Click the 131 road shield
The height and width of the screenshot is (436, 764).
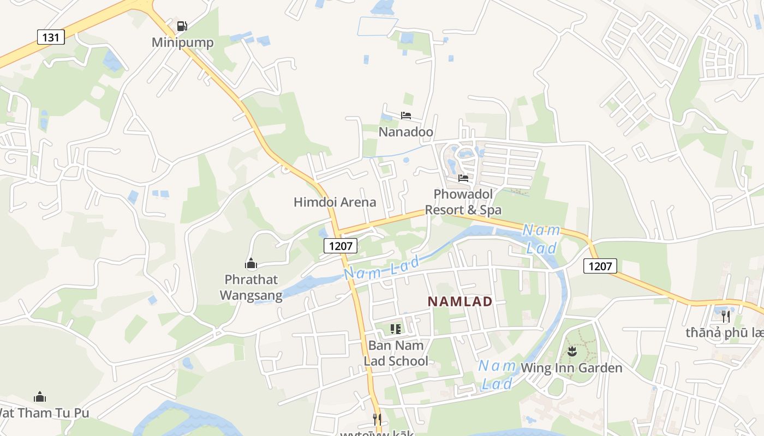51,37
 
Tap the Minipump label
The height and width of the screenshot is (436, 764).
182,43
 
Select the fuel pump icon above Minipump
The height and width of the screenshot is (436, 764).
182,26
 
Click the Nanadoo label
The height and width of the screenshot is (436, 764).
406,132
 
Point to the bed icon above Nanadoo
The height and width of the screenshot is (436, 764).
406,116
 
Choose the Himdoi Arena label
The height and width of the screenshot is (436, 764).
335,202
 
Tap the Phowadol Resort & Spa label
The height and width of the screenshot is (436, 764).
463,202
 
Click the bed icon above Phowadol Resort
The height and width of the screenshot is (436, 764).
463,178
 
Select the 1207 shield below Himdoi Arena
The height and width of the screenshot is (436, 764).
341,246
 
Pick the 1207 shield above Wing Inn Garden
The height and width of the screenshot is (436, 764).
600,266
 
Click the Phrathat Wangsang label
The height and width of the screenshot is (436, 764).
251,287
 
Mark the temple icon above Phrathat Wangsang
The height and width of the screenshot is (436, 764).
251,264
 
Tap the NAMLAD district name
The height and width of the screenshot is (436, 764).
460,301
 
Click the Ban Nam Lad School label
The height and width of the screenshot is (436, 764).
396,353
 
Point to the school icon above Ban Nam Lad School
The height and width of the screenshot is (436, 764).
396,329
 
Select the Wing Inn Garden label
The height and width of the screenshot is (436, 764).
571,368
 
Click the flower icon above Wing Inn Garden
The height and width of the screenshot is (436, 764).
571,352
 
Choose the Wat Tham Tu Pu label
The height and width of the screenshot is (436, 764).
44,413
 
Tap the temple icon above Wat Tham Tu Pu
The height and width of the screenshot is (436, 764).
40,397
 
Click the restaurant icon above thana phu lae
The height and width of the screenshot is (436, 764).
725,316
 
